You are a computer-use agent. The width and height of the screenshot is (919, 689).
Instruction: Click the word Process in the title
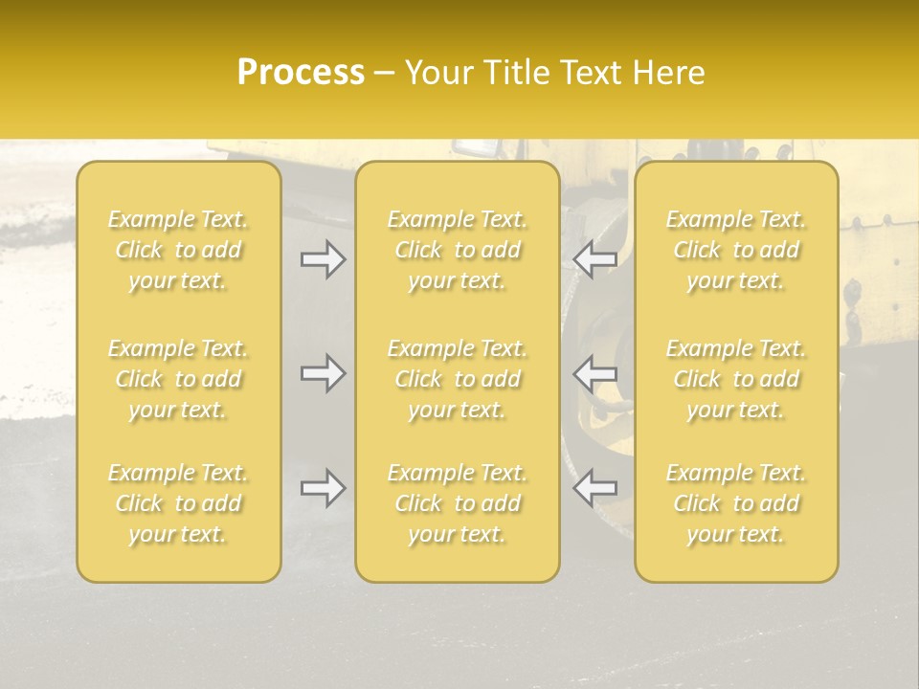pyautogui.click(x=301, y=72)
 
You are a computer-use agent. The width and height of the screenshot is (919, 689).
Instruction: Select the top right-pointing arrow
pyautogui.click(x=323, y=258)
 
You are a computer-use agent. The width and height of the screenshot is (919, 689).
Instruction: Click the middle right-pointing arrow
pyautogui.click(x=323, y=373)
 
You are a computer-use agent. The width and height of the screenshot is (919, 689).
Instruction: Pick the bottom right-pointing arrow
pyautogui.click(x=323, y=488)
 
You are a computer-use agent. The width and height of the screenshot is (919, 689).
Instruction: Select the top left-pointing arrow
pyautogui.click(x=595, y=258)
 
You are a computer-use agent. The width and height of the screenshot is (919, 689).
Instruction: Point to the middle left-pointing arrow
pyautogui.click(x=595, y=373)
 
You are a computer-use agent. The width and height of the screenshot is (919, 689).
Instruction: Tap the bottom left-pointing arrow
pyautogui.click(x=595, y=488)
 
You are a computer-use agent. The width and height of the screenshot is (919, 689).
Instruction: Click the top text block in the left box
pyautogui.click(x=178, y=250)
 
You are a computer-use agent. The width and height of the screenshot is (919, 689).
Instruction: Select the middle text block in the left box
pyautogui.click(x=178, y=379)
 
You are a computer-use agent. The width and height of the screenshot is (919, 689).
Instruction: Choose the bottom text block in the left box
pyautogui.click(x=178, y=503)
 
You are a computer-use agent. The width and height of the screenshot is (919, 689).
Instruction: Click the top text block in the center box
pyautogui.click(x=457, y=250)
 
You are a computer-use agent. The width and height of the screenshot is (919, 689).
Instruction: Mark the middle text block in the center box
pyautogui.click(x=457, y=379)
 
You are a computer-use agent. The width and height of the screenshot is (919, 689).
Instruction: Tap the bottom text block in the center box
pyautogui.click(x=457, y=503)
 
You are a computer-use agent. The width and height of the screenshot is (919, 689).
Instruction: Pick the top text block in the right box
pyautogui.click(x=735, y=250)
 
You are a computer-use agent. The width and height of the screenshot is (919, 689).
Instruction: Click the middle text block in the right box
pyautogui.click(x=735, y=379)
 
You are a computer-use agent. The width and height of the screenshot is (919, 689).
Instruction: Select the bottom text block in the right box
pyautogui.click(x=735, y=503)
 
